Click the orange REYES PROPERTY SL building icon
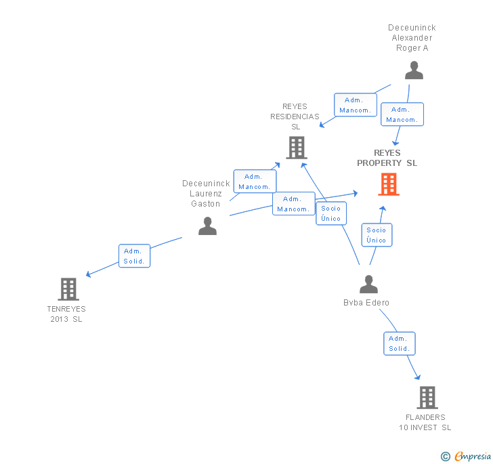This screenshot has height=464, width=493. (389, 184)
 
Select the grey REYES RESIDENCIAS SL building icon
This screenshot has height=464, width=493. (296, 147)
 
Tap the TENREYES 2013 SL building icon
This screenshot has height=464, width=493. (68, 289)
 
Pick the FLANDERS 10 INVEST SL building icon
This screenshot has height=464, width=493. (427, 398)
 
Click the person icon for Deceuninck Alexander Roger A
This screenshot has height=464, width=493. (413, 70)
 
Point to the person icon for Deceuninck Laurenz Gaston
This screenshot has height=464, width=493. (207, 226)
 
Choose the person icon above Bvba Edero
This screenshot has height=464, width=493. (368, 284)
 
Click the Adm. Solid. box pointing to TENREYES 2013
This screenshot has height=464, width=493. (134, 256)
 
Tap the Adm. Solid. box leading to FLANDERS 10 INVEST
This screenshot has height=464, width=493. (399, 343)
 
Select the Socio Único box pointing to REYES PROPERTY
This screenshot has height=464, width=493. (377, 235)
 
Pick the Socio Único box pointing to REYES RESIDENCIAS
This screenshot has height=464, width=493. (331, 213)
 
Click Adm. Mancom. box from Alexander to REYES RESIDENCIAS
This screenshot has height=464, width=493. (355, 105)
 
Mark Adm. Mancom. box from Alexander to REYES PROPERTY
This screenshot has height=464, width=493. (402, 114)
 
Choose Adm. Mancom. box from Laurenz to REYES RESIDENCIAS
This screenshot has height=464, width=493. (255, 182)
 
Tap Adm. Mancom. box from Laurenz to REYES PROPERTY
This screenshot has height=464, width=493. (293, 204)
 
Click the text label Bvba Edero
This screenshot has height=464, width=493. (366, 303)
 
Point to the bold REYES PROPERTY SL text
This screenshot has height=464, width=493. (387, 158)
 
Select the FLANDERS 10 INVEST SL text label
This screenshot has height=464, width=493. (425, 422)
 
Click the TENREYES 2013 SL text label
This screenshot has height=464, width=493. (66, 314)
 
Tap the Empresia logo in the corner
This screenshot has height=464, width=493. (467, 456)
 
